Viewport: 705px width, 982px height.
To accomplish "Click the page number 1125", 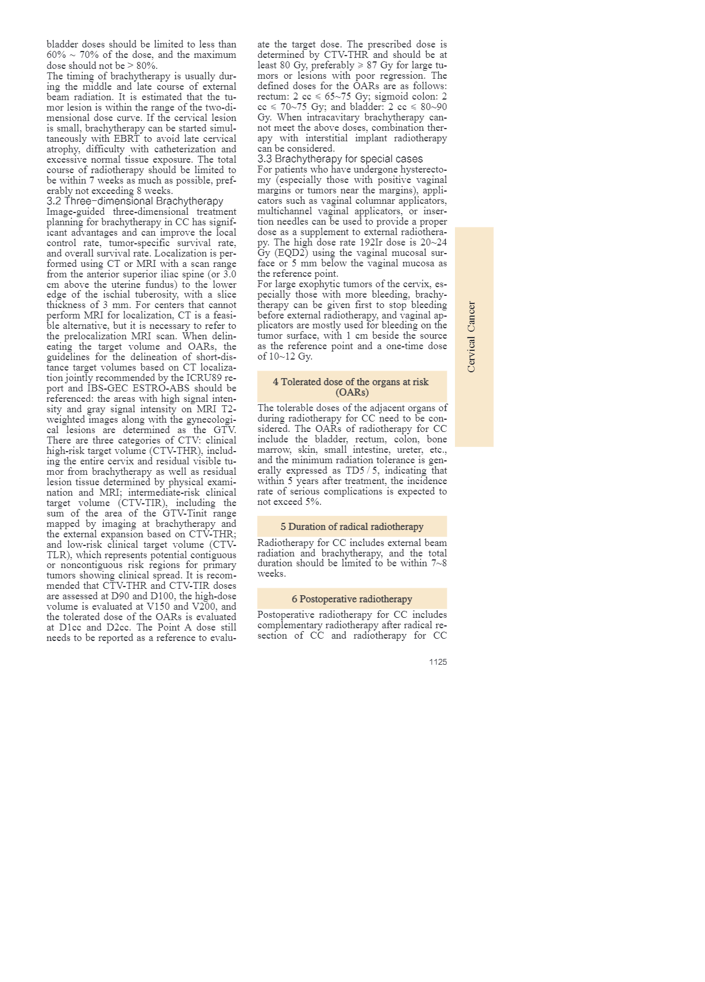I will (438, 662).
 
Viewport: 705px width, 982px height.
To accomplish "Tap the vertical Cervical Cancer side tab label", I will (471, 337).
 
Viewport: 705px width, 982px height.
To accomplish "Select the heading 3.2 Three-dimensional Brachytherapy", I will (135, 201).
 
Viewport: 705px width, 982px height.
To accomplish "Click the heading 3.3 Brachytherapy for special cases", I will (340, 159).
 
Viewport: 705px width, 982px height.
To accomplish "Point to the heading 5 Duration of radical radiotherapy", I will (352, 526).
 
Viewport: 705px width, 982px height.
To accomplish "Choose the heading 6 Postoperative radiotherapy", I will (352, 599).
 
